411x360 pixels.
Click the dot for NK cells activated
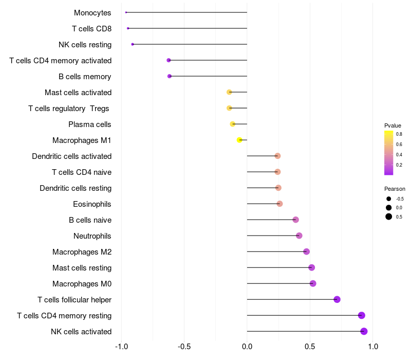[x=364, y=331]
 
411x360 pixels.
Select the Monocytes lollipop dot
[x=126, y=12]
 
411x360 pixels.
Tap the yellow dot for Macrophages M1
[x=239, y=140]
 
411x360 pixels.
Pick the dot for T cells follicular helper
[x=337, y=299]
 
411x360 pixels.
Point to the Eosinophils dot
[x=279, y=204]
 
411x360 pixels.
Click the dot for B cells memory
[x=170, y=76]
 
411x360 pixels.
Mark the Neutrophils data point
[x=299, y=236]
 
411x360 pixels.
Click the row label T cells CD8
[x=92, y=29]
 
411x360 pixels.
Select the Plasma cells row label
[x=90, y=124]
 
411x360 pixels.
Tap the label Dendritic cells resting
[x=76, y=188]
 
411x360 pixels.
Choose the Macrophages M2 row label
[x=82, y=252]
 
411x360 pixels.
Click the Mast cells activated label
[x=78, y=93]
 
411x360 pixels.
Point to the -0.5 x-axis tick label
[x=184, y=347]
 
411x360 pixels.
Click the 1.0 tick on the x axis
[x=373, y=347]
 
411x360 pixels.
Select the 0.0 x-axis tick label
[x=247, y=347]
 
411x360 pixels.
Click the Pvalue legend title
[x=393, y=125]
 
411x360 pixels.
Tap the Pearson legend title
[x=395, y=189]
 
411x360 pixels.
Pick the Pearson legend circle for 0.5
[x=389, y=217]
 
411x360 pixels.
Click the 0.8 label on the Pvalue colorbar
[x=399, y=134]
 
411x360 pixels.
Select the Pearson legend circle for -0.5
[x=389, y=199]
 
